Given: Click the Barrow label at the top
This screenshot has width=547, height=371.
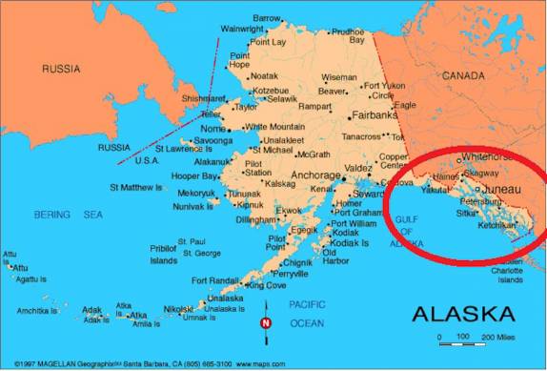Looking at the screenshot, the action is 267,17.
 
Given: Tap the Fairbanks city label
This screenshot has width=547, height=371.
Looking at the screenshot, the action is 375,114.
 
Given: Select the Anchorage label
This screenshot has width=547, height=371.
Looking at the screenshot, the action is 314,175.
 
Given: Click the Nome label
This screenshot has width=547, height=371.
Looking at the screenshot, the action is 213,129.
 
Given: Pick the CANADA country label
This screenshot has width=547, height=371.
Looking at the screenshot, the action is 464,73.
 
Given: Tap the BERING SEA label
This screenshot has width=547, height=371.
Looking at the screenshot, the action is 68,215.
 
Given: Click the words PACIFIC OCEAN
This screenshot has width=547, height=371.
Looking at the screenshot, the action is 308,315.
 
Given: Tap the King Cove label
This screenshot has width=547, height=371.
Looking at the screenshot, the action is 266,285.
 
